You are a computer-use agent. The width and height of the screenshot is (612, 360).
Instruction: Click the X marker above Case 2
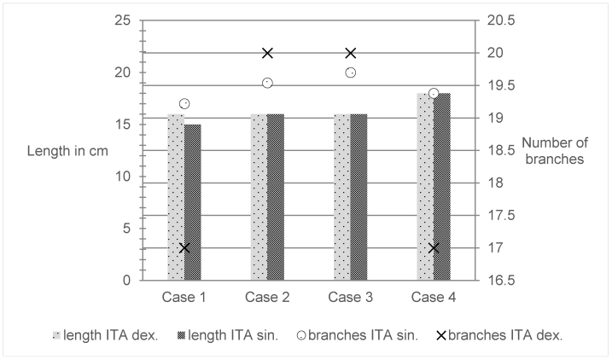267,53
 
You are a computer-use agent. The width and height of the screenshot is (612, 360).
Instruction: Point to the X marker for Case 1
184,248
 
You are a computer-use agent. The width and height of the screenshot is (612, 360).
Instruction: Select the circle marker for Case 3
350,73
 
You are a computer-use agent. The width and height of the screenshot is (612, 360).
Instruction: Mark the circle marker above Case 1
184,104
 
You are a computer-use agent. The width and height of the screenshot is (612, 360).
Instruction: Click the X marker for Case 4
434,248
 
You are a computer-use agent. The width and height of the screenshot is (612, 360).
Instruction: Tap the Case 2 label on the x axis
267,297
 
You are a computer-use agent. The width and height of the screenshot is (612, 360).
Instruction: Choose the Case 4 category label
434,297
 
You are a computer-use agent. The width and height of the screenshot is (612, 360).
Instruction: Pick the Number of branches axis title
551,151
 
